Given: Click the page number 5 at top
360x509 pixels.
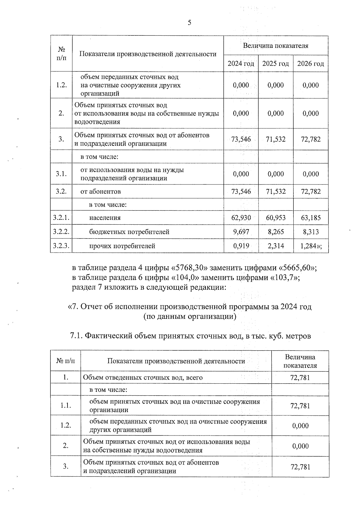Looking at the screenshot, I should click(x=189, y=23).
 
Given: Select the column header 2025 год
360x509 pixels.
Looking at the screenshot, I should click(x=275, y=64).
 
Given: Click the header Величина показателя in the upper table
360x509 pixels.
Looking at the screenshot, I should click(x=275, y=46).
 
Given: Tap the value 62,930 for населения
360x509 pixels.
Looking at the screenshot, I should click(x=241, y=217).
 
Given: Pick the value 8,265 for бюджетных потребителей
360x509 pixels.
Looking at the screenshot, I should click(x=275, y=232).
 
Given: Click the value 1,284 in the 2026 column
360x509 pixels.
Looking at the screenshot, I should click(x=309, y=246).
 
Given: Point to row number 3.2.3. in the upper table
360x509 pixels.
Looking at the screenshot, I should click(x=61, y=246).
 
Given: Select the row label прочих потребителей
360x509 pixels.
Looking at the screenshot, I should click(x=122, y=246).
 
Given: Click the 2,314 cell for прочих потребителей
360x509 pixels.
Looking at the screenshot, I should click(x=275, y=246).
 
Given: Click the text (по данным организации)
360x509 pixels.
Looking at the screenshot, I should click(x=190, y=316).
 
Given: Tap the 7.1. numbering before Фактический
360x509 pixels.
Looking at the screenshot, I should click(x=76, y=336).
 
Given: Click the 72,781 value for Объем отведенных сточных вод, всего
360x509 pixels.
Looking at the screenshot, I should click(x=300, y=377).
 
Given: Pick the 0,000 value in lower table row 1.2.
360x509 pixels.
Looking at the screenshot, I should click(x=300, y=426).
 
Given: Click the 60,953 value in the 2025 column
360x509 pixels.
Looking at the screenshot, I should click(x=275, y=217).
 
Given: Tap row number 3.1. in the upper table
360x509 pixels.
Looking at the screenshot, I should click(x=61, y=174).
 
